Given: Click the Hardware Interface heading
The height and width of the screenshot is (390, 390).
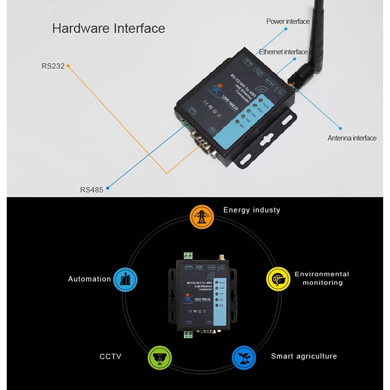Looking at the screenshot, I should coord(108,28).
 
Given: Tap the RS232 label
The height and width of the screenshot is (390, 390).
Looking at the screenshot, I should coord(53,66).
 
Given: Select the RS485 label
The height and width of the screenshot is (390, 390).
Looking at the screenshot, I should coord(91,190).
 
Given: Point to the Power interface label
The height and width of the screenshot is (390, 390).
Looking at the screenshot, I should coord(288,22).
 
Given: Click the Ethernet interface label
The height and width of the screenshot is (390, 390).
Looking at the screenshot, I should coord(283,52).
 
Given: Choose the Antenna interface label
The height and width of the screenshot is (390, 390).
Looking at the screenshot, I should coord(352,138).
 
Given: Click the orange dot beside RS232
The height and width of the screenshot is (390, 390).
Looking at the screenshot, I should coord(68,66).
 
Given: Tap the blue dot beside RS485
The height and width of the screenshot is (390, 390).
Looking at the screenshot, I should coord(108,188).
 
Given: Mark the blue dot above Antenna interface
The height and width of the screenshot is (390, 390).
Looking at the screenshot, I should coord(340,128).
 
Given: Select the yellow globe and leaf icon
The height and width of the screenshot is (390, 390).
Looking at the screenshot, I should coord(278,279).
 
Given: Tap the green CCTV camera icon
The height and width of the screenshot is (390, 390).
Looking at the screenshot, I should coord(160,358).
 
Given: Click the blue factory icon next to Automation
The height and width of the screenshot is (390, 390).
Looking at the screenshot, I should coord(125,279).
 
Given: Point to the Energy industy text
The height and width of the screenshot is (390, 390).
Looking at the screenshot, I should coord(252,210).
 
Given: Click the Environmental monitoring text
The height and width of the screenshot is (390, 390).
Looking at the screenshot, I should coord(322,278).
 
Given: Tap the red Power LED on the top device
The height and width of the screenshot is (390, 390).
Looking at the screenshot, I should coord(260,100).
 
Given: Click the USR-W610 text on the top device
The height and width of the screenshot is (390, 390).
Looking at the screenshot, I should coord(230,103).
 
